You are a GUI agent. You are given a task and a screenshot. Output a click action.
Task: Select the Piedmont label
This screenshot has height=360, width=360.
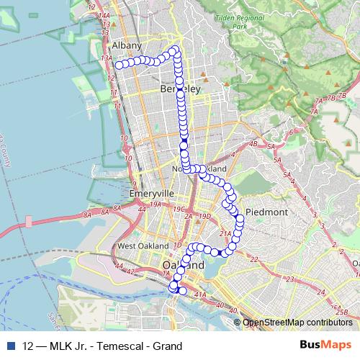(x=266, y=212)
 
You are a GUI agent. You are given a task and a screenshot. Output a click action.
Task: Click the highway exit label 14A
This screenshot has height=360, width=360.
(x=103, y=15)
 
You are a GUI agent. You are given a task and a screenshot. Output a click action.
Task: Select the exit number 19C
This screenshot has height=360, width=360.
(x=177, y=208)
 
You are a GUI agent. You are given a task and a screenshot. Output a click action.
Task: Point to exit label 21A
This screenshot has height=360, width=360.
(x=224, y=233)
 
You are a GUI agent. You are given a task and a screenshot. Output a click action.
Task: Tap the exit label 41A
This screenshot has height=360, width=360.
(x=200, y=294)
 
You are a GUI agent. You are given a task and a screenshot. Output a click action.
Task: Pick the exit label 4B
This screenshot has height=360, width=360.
(x=252, y=145)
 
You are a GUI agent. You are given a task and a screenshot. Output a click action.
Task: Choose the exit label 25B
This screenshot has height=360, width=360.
(x=342, y=311)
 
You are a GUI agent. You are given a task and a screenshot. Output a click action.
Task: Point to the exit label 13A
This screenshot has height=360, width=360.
(x=107, y=57)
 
